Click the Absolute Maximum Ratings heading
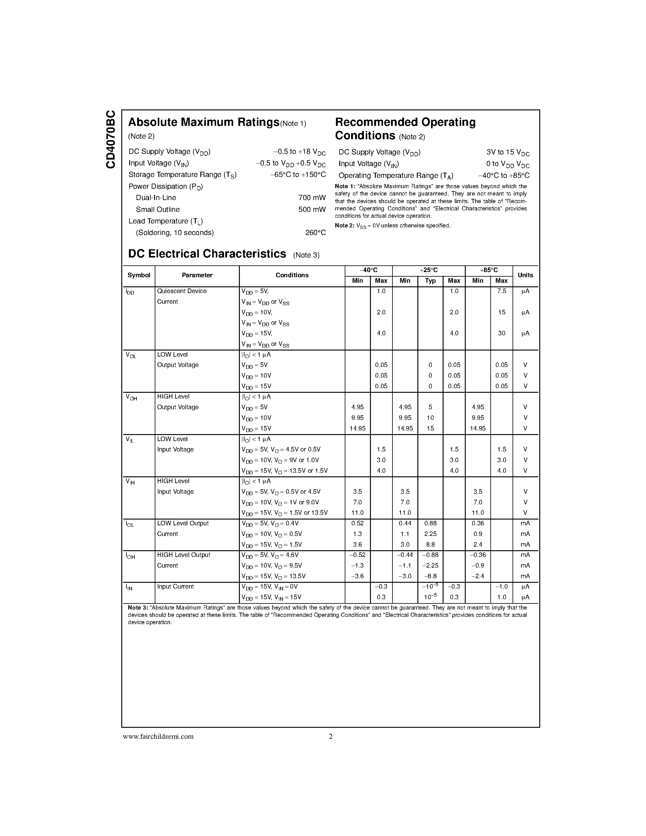pyautogui.click(x=204, y=122)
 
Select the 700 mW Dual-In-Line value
pyautogui.click(x=312, y=198)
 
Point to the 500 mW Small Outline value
pyautogui.click(x=312, y=209)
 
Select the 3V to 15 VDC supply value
pyautogui.click(x=508, y=152)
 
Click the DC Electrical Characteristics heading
pyautogui.click(x=207, y=254)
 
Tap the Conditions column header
pyautogui.click(x=292, y=275)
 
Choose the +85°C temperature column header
pyautogui.click(x=489, y=270)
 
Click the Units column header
pyautogui.click(x=525, y=275)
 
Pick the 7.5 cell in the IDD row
pyautogui.click(x=501, y=291)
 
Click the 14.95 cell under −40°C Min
pyautogui.click(x=358, y=428)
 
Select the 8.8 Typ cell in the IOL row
pyautogui.click(x=430, y=544)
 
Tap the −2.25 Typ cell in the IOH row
pyautogui.click(x=430, y=565)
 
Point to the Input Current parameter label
pyautogui.click(x=175, y=586)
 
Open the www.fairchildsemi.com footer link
pyautogui.click(x=158, y=737)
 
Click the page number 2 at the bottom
pyautogui.click(x=331, y=737)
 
